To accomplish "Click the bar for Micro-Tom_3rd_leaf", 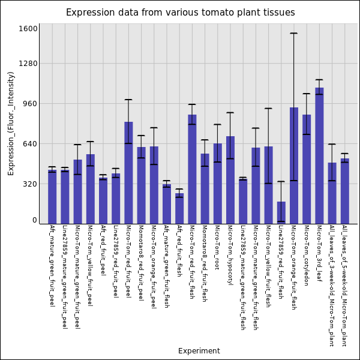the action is click(x=319, y=155).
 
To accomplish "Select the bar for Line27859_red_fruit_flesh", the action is click(x=281, y=212).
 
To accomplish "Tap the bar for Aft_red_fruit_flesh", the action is click(x=179, y=208).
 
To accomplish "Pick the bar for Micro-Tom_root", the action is click(x=217, y=184).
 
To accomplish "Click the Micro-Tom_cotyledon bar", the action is click(x=307, y=169).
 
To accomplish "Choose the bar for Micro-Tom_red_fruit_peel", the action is click(x=128, y=173).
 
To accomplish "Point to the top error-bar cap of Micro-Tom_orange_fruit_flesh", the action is click(x=293, y=33).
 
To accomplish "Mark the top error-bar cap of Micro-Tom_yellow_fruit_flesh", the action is click(x=268, y=109).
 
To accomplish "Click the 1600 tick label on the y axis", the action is click(x=28, y=29).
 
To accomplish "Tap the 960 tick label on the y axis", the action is click(x=31, y=104).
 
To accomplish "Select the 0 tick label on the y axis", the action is click(x=35, y=220).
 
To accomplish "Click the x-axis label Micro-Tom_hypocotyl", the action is click(x=230, y=255).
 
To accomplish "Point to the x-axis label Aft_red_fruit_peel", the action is click(x=103, y=250).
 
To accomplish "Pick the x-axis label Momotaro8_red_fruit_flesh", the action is click(x=205, y=263).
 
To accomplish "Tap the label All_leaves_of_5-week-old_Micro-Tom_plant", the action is click(x=344, y=286).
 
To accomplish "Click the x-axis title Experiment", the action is click(x=199, y=351).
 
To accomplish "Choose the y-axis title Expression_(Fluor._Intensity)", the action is click(x=11, y=124).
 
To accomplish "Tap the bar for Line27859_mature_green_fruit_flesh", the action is click(x=243, y=202).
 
